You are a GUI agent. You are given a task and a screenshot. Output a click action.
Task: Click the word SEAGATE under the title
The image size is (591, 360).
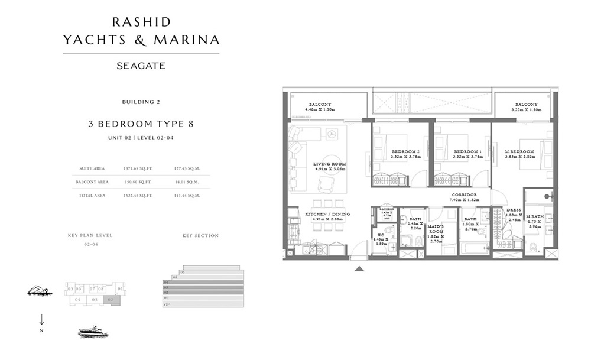[x=141, y=66]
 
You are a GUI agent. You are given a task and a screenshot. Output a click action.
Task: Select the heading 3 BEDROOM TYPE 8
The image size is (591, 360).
[x=141, y=124]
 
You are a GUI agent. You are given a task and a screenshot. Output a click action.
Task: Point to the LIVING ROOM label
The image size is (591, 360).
[x=330, y=164]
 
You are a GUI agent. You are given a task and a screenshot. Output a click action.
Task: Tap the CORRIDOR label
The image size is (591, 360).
[x=464, y=194]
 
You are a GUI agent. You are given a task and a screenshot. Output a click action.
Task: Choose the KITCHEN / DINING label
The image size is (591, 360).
[x=328, y=214]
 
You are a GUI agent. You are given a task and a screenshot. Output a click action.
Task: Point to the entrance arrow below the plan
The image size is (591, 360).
[x=359, y=269]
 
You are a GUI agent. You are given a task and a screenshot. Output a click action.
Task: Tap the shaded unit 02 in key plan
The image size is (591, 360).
[x=112, y=300]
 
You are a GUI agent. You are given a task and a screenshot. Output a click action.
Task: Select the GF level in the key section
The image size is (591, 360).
[x=175, y=304]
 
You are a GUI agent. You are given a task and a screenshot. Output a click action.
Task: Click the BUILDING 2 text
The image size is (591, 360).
[x=141, y=102]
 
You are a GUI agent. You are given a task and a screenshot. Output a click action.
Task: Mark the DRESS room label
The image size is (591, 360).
[x=514, y=210]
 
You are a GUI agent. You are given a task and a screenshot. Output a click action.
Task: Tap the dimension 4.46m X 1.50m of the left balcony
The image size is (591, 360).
[x=320, y=109]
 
